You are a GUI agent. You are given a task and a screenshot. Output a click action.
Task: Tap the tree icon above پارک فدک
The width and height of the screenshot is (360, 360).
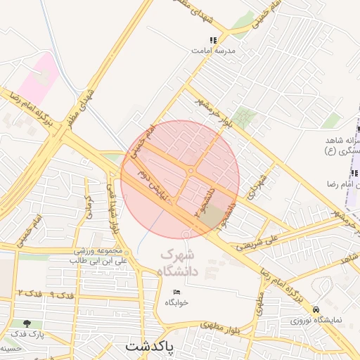point(27,323)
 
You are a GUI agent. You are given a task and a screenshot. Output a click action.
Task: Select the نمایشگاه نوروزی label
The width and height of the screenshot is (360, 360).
point(316,320)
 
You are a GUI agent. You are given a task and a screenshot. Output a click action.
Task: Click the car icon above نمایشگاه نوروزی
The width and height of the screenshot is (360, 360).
point(316,309)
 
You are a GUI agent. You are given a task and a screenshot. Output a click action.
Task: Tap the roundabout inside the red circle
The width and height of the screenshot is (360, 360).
point(191,171)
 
